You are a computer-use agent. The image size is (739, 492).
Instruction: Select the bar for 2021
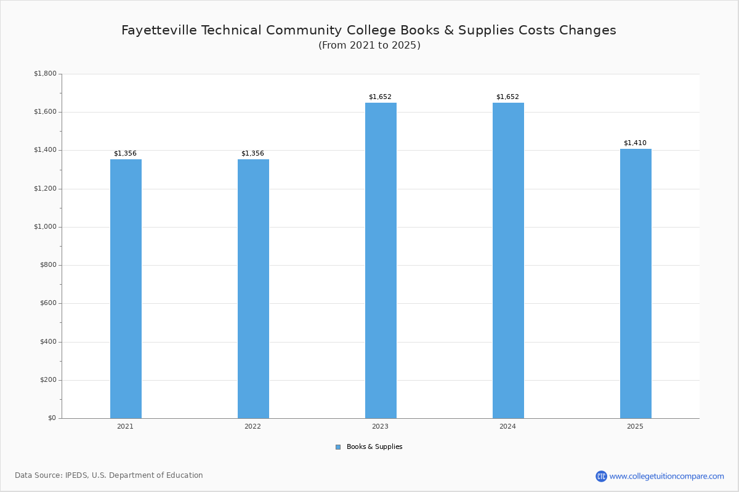126,289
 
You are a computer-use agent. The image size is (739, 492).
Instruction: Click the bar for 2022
253,289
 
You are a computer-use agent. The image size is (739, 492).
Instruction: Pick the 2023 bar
381,261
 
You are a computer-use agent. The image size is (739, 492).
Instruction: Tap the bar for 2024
508,261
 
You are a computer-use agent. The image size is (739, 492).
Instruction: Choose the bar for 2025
636,284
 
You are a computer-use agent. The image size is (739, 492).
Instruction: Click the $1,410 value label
635,143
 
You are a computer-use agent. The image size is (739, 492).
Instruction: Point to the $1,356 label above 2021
126,153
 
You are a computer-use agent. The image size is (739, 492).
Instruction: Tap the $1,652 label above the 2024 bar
507,97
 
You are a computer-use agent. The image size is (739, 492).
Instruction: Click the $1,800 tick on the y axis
45,73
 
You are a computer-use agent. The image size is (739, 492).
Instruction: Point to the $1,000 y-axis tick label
45,227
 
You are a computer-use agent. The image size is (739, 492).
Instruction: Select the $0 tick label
52,418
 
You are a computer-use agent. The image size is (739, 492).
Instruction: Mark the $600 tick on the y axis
49,303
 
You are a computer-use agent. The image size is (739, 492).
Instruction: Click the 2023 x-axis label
380,426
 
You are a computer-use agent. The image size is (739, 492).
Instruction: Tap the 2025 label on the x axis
635,426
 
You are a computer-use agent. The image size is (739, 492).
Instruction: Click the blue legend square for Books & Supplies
338,447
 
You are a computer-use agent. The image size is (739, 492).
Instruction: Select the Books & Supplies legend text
374,446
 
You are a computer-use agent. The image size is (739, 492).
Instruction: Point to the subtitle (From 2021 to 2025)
369,45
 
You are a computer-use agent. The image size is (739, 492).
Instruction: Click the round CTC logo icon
601,476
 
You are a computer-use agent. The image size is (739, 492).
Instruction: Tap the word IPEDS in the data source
76,475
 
